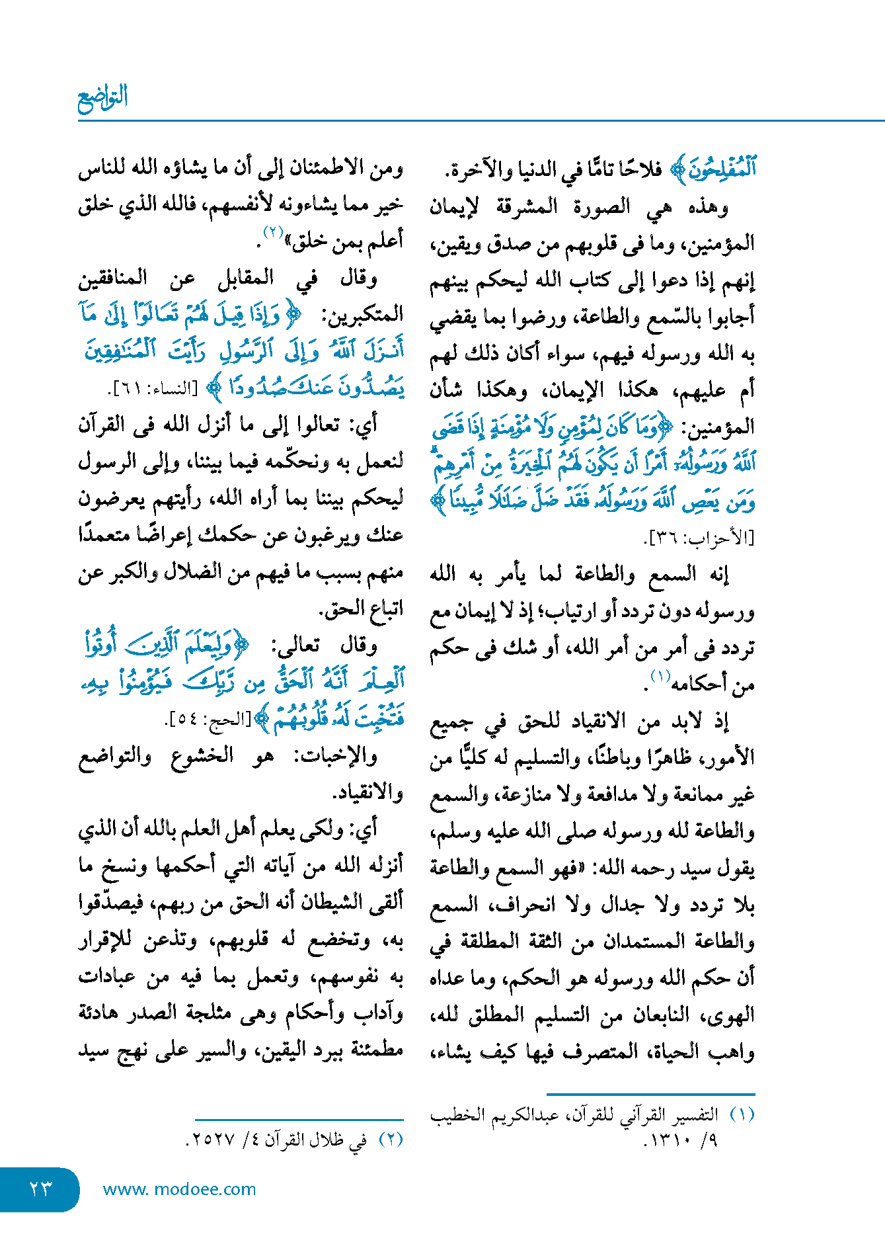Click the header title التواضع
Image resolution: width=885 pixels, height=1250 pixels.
(102, 99)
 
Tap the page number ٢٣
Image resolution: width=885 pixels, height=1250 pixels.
(40, 1189)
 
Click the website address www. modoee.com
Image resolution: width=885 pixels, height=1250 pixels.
(179, 1189)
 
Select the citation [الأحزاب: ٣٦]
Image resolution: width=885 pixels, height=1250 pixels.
(699, 538)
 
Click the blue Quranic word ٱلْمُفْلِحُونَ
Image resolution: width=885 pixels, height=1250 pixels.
(722, 169)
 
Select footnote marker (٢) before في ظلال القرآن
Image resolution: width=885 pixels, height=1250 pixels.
(391, 1140)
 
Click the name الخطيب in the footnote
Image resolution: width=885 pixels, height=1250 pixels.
(457, 1115)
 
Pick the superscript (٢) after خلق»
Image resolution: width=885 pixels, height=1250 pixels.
(273, 232)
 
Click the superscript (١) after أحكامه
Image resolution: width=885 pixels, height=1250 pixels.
(660, 675)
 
